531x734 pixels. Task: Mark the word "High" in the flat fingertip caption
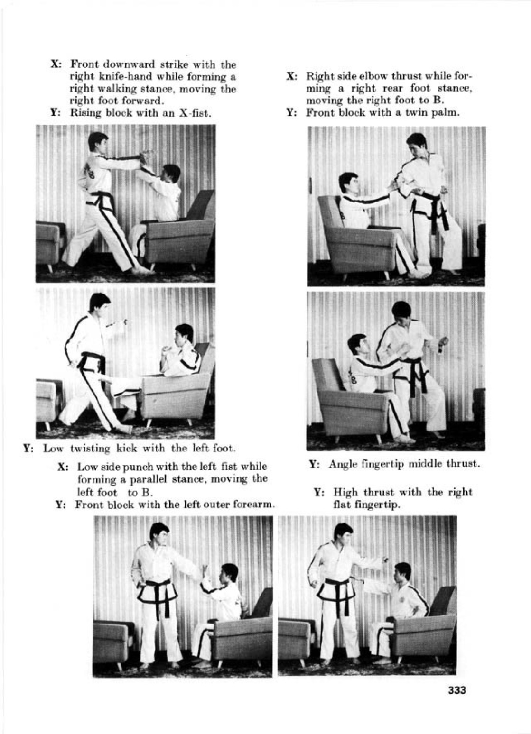[x=345, y=492]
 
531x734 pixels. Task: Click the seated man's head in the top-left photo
[x=171, y=174]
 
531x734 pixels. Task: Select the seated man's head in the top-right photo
[x=349, y=183]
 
